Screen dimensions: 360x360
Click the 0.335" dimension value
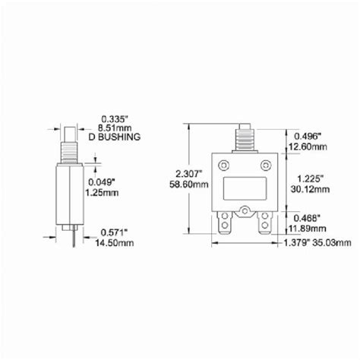tap(116, 118)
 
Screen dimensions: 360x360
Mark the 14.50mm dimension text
tap(120, 243)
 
